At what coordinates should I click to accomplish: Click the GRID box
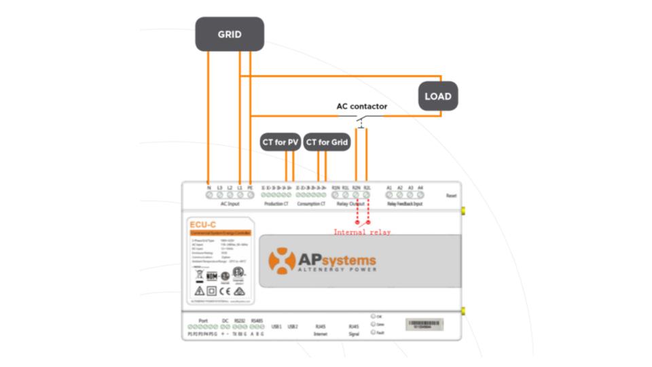click(230, 34)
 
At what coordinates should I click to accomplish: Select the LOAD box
click(437, 96)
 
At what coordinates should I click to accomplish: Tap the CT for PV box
click(280, 142)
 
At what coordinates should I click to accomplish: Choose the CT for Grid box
click(327, 142)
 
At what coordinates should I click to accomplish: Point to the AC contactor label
click(361, 107)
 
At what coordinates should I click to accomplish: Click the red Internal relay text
click(361, 232)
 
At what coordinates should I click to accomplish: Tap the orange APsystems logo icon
click(282, 261)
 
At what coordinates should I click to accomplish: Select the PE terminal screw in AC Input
click(250, 195)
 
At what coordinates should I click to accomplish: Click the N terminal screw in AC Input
click(209, 195)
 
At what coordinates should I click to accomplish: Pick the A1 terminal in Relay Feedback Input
click(389, 195)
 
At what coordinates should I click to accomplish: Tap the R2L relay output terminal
click(367, 195)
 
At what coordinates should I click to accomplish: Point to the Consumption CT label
click(312, 204)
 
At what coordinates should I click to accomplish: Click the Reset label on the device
click(451, 196)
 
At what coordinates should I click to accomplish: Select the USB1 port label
click(276, 327)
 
